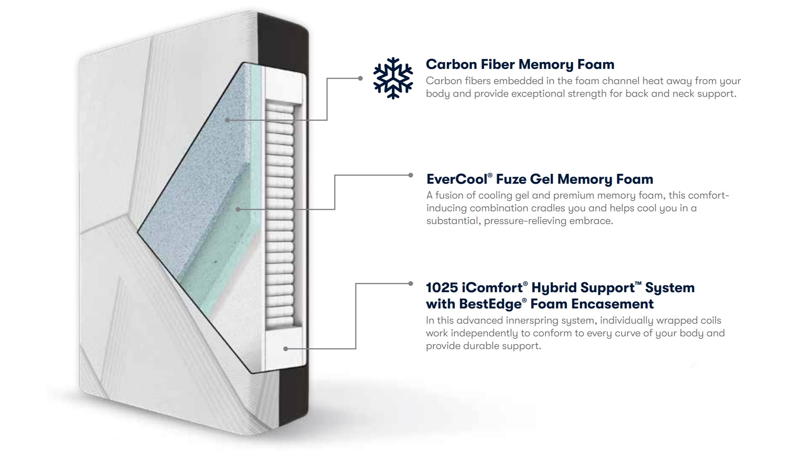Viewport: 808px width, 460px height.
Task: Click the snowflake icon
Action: point(393,78)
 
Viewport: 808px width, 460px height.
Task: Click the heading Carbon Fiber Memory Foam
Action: point(520,64)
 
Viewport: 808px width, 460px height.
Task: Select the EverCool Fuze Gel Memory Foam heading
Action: point(540,179)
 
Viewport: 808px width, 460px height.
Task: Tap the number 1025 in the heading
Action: point(442,288)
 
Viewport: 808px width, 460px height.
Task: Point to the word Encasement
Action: point(612,304)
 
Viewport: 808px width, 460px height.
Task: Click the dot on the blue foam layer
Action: point(227,120)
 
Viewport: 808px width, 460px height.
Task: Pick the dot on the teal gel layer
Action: point(238,210)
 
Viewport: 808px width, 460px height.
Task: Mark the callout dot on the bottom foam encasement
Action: point(286,349)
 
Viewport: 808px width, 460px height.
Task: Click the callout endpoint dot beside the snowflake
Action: point(360,78)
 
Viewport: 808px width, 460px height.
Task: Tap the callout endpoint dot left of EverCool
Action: point(411,175)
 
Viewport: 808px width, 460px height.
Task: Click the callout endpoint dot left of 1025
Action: point(411,283)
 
